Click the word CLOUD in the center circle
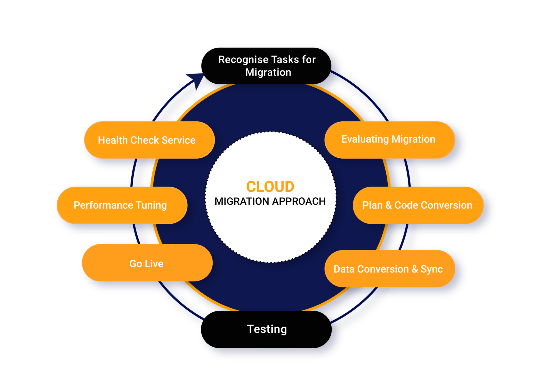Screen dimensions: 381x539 coord(270,187)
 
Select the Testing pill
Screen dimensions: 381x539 coord(266,329)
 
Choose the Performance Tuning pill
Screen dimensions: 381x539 coord(122,205)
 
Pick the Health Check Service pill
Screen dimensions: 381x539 coord(149,140)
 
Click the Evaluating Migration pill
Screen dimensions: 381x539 coord(390,139)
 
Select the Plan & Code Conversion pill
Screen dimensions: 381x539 coord(418,205)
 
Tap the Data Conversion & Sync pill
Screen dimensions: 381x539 coord(390,269)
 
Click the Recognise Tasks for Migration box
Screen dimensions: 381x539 coord(266,66)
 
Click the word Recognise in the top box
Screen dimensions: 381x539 coord(239,60)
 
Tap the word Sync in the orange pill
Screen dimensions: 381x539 coord(432,269)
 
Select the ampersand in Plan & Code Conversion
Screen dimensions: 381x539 coord(388,205)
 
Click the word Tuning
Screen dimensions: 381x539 coord(151,205)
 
